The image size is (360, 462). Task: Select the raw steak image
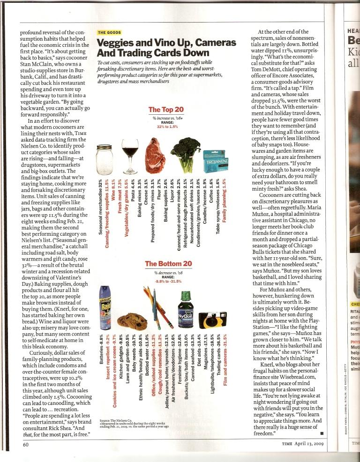click(x=155, y=155)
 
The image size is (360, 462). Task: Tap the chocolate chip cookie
click(x=126, y=320)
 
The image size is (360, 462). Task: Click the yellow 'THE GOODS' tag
click(x=109, y=33)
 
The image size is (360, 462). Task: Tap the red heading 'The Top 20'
click(x=166, y=110)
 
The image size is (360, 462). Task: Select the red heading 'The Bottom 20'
click(x=167, y=264)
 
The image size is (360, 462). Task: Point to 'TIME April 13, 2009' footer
click(x=304, y=444)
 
